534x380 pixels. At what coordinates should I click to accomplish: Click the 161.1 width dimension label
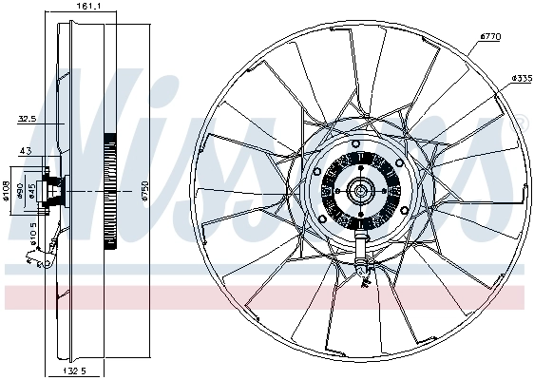[x=88, y=7]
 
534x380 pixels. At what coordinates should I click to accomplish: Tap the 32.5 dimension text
[x=27, y=120]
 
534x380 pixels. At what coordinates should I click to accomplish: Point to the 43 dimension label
[x=26, y=153]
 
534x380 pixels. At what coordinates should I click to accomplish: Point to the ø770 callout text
[x=490, y=36]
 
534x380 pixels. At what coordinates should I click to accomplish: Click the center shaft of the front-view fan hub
[x=360, y=191]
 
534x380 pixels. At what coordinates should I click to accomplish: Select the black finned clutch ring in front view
[x=334, y=190]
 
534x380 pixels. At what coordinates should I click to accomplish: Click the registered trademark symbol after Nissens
[x=521, y=121]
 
